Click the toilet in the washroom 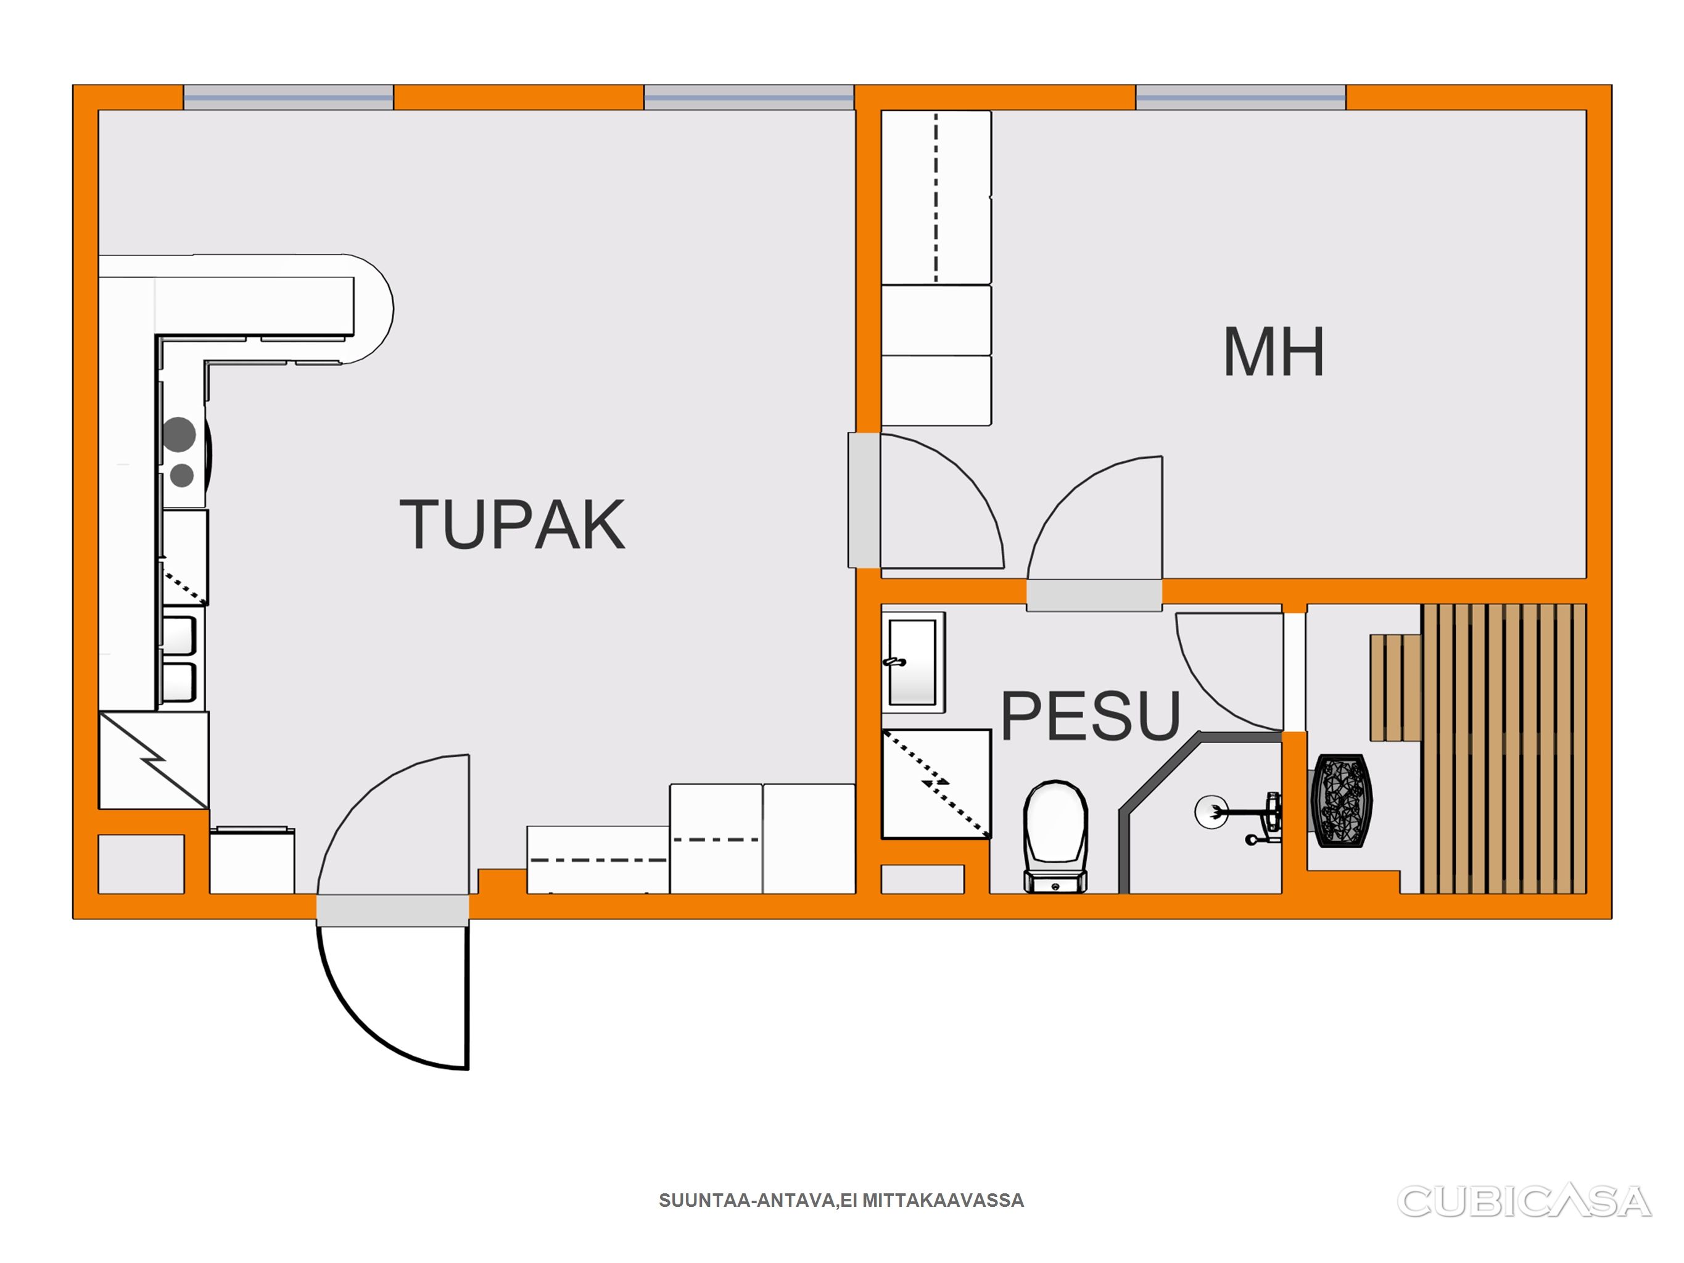point(1056,836)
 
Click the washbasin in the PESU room point(913,662)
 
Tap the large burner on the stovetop point(179,434)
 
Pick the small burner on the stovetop point(181,476)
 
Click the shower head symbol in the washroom point(1211,812)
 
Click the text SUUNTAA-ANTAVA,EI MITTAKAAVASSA point(841,1201)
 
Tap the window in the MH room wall point(1241,97)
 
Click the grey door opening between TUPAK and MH point(864,500)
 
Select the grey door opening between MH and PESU point(1094,594)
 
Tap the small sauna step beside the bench point(1395,688)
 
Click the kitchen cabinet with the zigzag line point(154,760)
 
